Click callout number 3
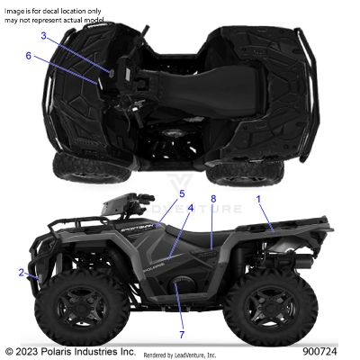tap(42, 36)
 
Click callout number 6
tap(28, 56)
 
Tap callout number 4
tap(190, 208)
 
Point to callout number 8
tap(213, 198)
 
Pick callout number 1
tap(260, 197)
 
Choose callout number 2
tap(21, 272)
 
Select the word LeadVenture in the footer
tap(203, 354)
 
